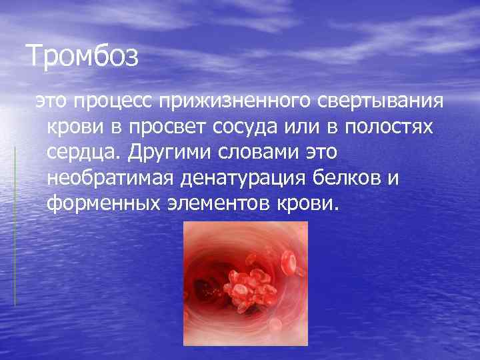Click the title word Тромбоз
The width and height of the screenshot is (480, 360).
click(83, 56)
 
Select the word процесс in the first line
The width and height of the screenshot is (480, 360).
click(115, 102)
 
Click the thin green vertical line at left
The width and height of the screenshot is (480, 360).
click(15, 227)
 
